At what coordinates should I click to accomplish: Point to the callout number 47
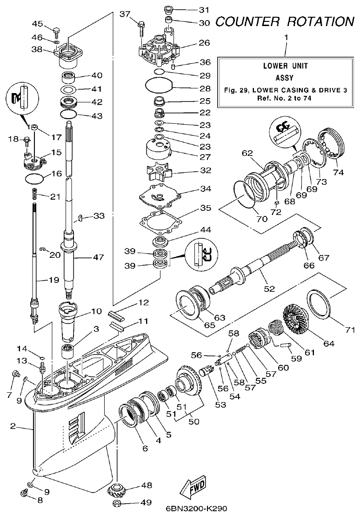coord(99,257)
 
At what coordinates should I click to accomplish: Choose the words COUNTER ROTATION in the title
coord(285,21)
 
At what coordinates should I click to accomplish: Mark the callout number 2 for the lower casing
coord(13,426)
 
